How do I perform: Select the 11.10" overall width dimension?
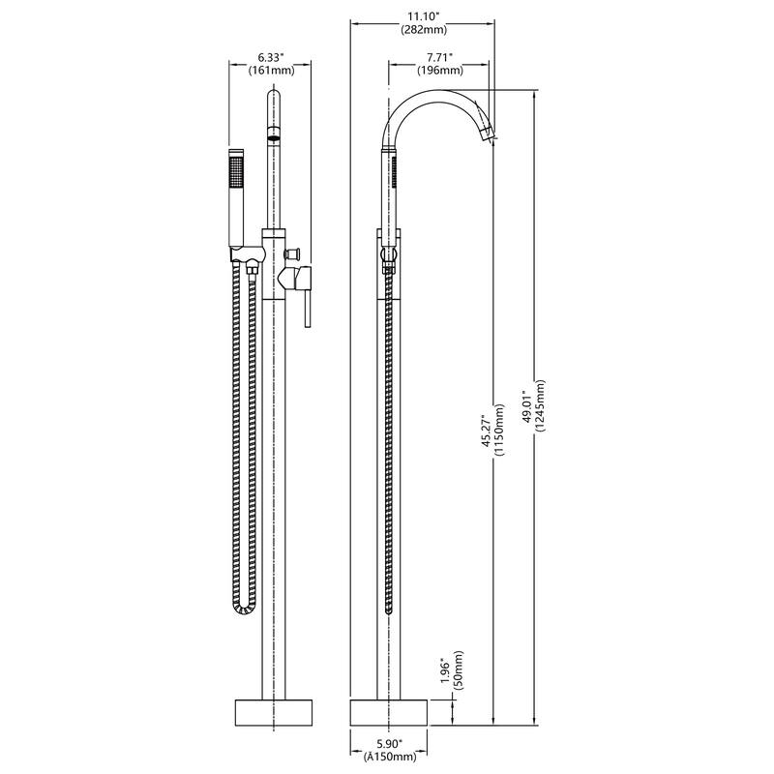click(426, 16)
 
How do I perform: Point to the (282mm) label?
click(426, 30)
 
